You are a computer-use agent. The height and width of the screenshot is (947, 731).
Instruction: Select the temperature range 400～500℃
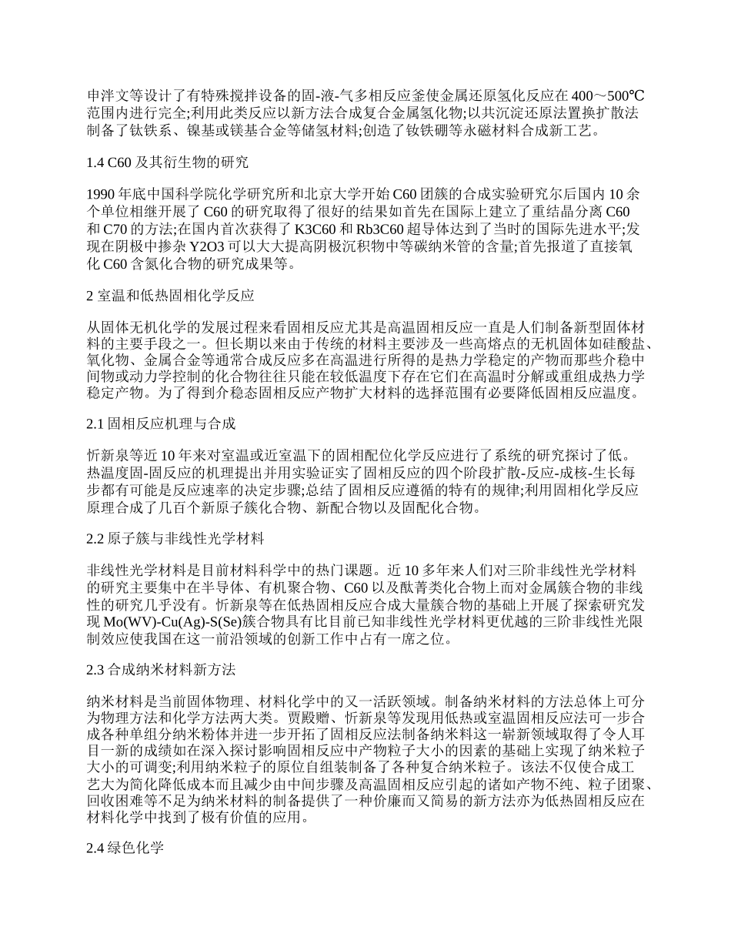click(x=608, y=96)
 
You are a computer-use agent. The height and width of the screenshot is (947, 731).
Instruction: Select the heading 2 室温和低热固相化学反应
click(x=170, y=295)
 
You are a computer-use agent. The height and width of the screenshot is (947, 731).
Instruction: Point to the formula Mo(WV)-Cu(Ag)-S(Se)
click(x=186, y=621)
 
